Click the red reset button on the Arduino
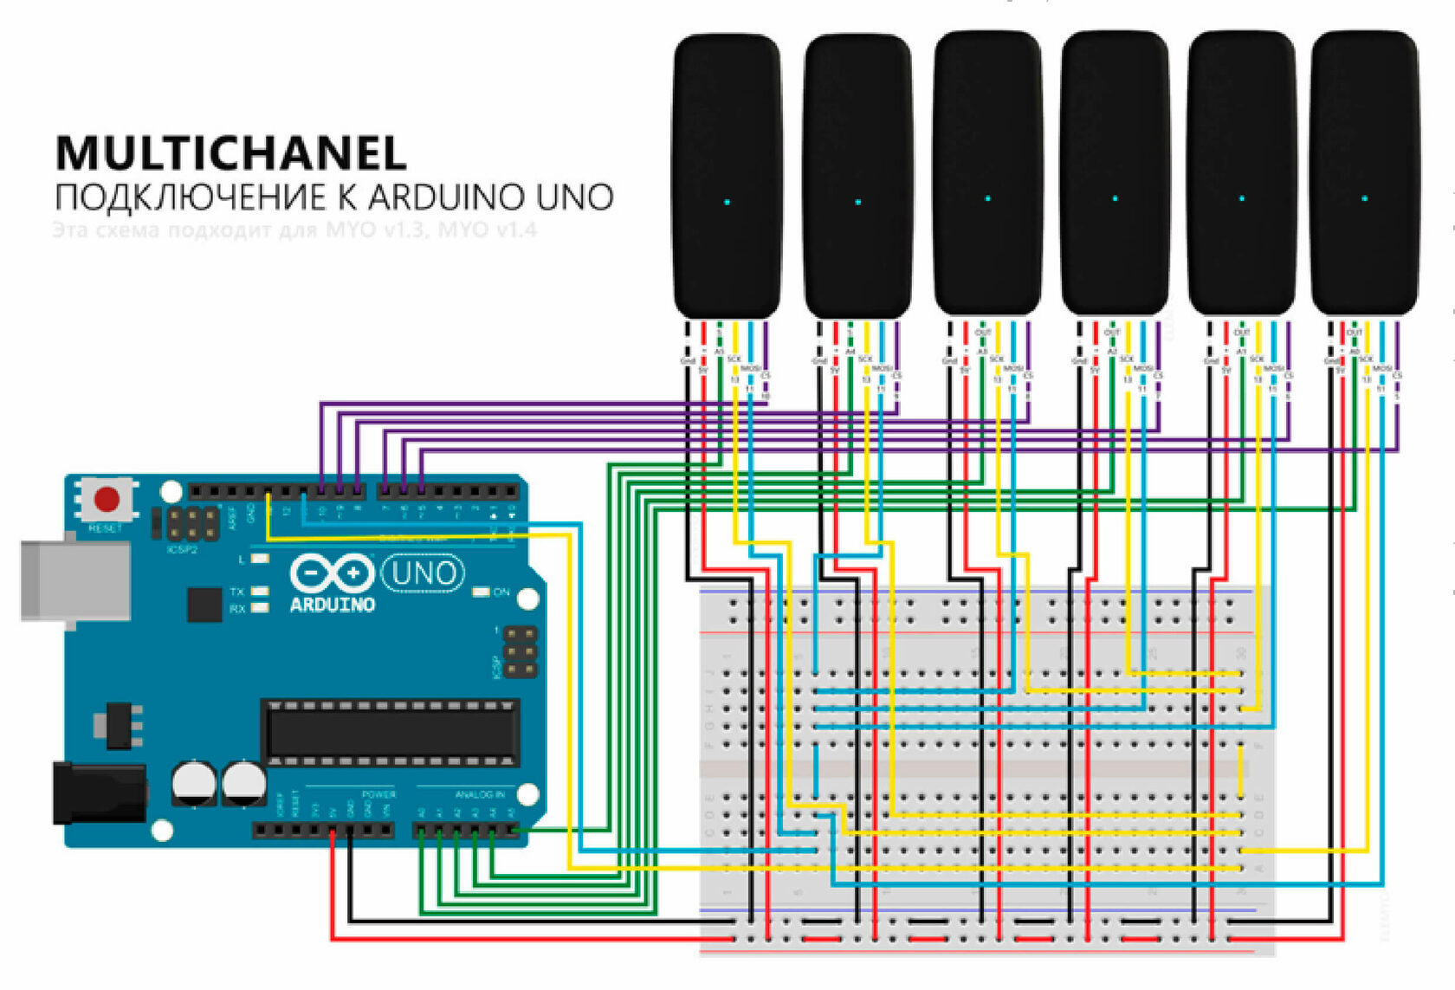click(x=107, y=499)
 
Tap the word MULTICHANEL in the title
click(x=231, y=153)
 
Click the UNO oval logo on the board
click(x=423, y=573)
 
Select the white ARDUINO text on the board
click(x=332, y=605)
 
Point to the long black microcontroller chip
click(x=391, y=733)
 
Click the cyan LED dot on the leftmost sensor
click(x=727, y=202)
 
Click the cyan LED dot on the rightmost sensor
click(x=1365, y=198)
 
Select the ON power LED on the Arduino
click(x=481, y=592)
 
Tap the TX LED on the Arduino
click(x=259, y=592)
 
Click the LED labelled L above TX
click(x=259, y=560)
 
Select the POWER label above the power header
click(x=378, y=794)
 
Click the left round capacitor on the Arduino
click(x=194, y=781)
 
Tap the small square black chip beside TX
click(x=204, y=605)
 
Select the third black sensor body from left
click(x=987, y=173)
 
